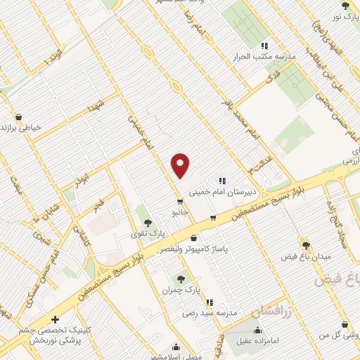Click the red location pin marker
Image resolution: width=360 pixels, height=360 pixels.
181,165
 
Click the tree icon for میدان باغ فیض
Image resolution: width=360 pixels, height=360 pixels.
306,244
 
